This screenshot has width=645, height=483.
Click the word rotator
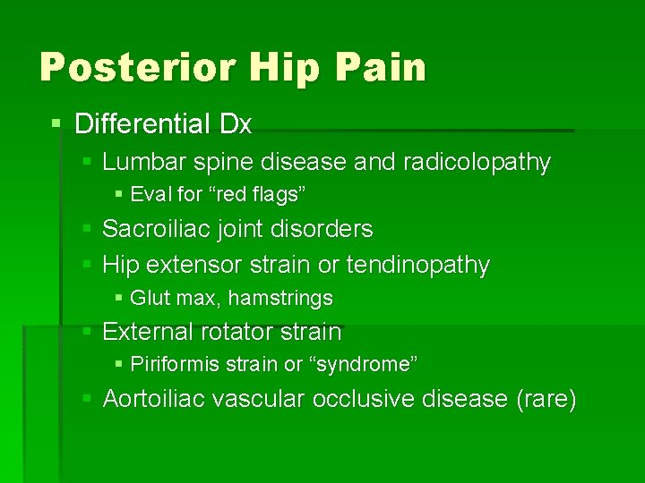pos(239,332)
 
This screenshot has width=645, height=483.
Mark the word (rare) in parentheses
pos(546,399)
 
